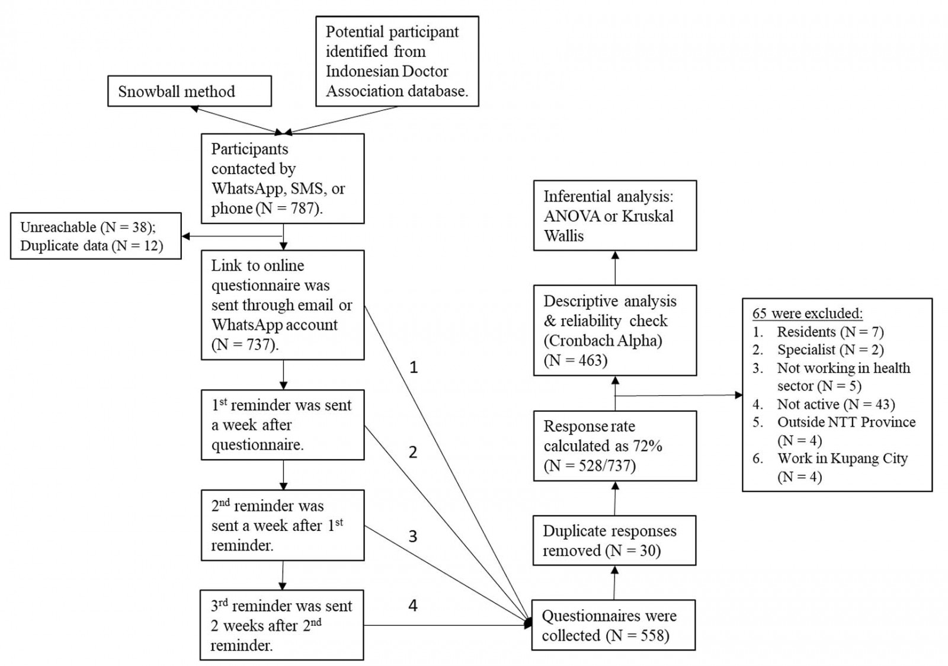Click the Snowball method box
coord(189,91)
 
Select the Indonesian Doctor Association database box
coord(397,61)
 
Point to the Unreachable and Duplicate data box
coord(95,236)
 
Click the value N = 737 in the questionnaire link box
coord(245,344)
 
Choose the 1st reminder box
coord(283,424)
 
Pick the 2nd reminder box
coord(283,525)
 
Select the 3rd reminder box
coord(282,625)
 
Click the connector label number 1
coord(414,367)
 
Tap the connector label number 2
coord(413,452)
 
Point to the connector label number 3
coord(413,536)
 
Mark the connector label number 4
coord(413,605)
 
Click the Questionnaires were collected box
coord(613,625)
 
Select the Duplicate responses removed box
coord(614,540)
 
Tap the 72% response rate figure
coord(647,446)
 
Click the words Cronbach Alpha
coord(603,341)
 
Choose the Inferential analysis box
coord(615,216)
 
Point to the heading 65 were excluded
coord(808,313)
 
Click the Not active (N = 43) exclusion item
coord(835,404)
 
